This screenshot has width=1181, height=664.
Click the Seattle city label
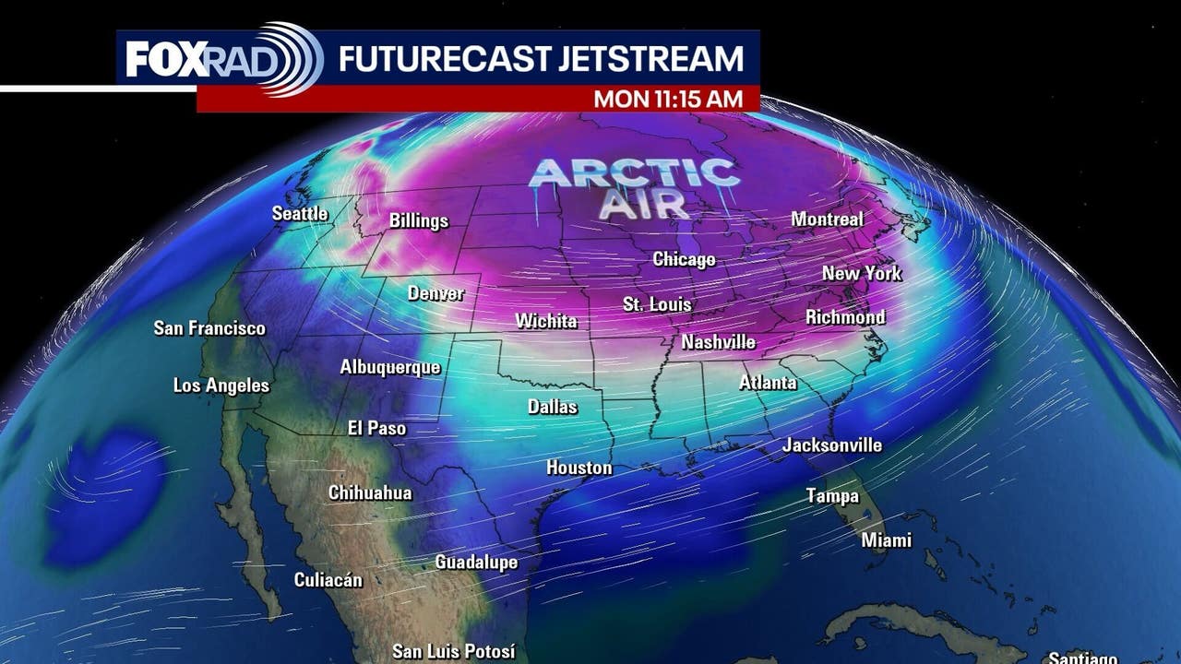(x=300, y=214)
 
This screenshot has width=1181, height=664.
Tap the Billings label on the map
(x=419, y=221)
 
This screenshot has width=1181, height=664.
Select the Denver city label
(x=435, y=294)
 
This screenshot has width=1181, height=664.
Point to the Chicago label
(x=684, y=260)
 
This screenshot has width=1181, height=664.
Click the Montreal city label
(x=827, y=219)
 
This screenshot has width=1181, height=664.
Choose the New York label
(x=862, y=274)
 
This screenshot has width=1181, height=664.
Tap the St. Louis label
(x=657, y=304)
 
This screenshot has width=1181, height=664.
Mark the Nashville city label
(x=719, y=343)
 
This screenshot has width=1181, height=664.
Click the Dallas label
(x=553, y=407)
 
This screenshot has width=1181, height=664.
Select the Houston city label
(x=579, y=468)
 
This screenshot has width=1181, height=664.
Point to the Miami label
(x=887, y=540)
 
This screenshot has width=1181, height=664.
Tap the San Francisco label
(x=209, y=328)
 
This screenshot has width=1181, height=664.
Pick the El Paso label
(x=376, y=428)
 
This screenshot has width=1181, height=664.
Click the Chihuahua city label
(x=370, y=493)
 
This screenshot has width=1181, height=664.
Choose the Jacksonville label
(x=832, y=445)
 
